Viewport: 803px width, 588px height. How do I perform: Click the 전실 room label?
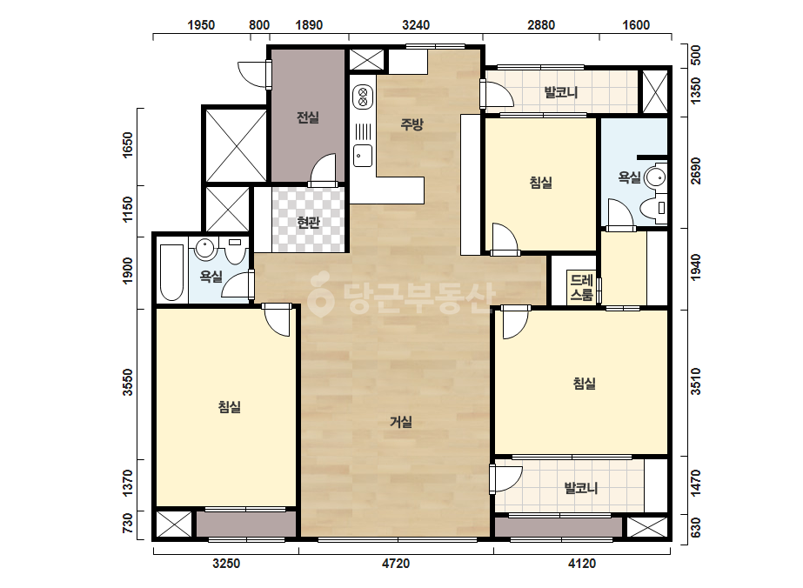tap(308, 117)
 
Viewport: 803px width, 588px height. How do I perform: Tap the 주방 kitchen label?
tap(412, 124)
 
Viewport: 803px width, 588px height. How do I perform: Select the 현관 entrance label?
tap(309, 223)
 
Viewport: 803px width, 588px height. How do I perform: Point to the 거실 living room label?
tap(401, 422)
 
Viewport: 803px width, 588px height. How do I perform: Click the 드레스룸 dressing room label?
tap(582, 287)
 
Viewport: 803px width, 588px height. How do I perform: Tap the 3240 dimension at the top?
tap(416, 25)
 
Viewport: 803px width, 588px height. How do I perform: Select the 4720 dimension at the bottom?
tap(396, 564)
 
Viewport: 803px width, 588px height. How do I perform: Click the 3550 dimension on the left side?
tap(128, 382)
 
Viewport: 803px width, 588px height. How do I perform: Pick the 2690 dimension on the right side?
tap(695, 171)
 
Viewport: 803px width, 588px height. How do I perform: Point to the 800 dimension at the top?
tap(259, 25)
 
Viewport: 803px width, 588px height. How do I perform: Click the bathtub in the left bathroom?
tap(171, 272)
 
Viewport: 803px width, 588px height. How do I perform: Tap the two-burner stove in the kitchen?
tap(363, 97)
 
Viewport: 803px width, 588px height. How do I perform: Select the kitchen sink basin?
tap(363, 155)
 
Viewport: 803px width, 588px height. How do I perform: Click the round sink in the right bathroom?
tap(655, 177)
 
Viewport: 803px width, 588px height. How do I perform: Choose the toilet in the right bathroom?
tap(654, 208)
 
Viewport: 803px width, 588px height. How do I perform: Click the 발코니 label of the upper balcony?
tap(561, 92)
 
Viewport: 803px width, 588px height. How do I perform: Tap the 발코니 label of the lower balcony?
tap(581, 488)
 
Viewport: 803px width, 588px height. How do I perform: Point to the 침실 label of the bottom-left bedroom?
tap(230, 407)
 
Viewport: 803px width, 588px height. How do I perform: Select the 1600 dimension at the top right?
tap(636, 25)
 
